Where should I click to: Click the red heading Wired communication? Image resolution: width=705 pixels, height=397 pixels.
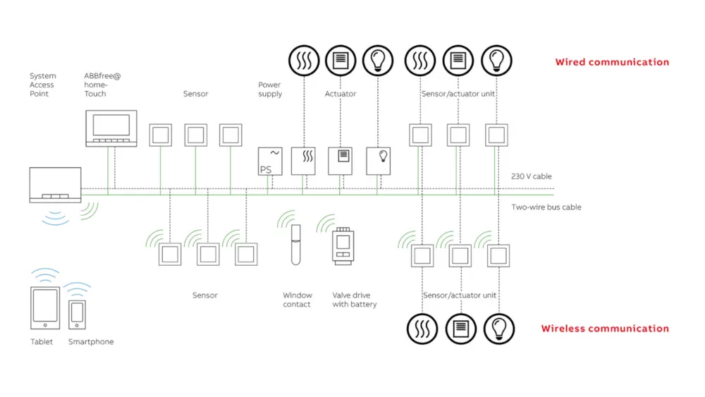(612, 62)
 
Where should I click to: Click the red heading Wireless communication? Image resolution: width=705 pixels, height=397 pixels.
(605, 329)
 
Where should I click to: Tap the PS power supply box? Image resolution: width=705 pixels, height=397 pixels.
(270, 161)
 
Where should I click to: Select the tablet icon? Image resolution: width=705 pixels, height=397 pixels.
(44, 308)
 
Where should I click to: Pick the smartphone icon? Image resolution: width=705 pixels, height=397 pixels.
(77, 314)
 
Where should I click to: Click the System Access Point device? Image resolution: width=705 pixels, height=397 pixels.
(55, 185)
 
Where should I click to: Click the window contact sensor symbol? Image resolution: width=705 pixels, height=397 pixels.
(296, 244)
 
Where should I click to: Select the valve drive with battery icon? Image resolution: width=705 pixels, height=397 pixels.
(343, 246)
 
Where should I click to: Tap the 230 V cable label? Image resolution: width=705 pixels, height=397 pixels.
(532, 176)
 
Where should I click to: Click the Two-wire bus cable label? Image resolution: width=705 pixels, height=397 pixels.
(546, 207)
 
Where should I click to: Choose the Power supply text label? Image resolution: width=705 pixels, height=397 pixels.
(270, 90)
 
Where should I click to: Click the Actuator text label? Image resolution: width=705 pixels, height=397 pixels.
(341, 94)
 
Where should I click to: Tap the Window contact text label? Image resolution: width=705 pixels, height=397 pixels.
(297, 300)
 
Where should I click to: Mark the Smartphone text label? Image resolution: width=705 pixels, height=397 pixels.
(91, 342)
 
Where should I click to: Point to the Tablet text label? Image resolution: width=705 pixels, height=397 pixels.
(42, 342)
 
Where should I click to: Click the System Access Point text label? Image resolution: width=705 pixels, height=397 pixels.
(42, 85)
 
